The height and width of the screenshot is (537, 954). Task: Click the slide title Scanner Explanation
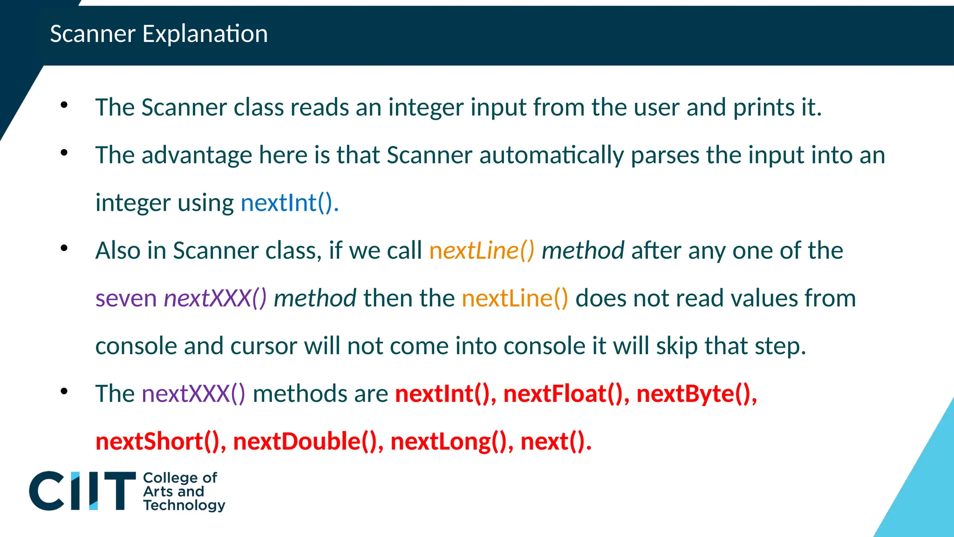pos(159,34)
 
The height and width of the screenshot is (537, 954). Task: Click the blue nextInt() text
pos(289,203)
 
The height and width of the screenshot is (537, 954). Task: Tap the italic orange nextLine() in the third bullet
pos(482,251)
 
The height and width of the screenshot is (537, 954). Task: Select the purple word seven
pos(126,298)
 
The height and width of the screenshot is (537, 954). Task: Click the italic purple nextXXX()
pos(215,298)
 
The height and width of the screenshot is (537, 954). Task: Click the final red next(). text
pos(555,441)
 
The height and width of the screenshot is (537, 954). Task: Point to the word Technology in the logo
pos(184,505)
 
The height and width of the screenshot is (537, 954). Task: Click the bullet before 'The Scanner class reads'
pos(64,105)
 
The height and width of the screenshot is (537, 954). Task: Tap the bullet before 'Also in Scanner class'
pos(64,248)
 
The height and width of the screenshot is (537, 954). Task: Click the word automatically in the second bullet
pos(551,155)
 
